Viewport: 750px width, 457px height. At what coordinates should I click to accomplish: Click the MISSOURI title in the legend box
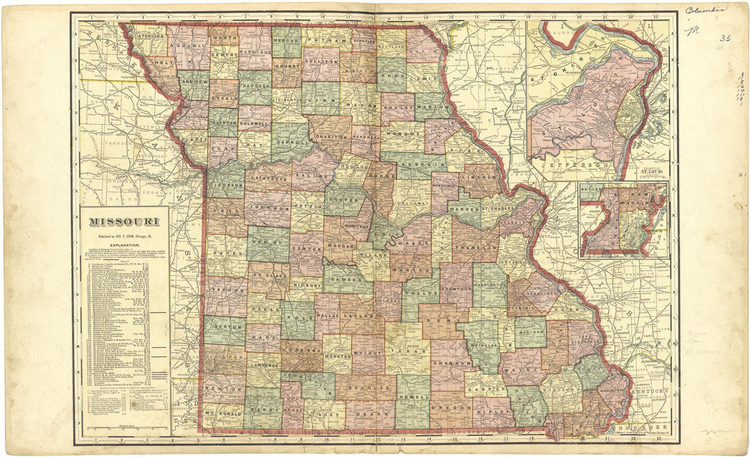point(123,222)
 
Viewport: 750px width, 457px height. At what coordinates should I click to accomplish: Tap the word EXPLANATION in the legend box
point(123,244)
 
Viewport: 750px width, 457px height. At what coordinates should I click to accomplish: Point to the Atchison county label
point(148,35)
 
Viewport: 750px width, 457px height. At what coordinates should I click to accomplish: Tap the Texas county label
point(409,351)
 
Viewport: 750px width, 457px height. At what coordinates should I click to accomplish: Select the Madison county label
point(530,332)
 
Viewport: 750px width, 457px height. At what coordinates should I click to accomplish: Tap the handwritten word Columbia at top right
point(706,10)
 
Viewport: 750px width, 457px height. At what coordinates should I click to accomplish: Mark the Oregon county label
point(450,407)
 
